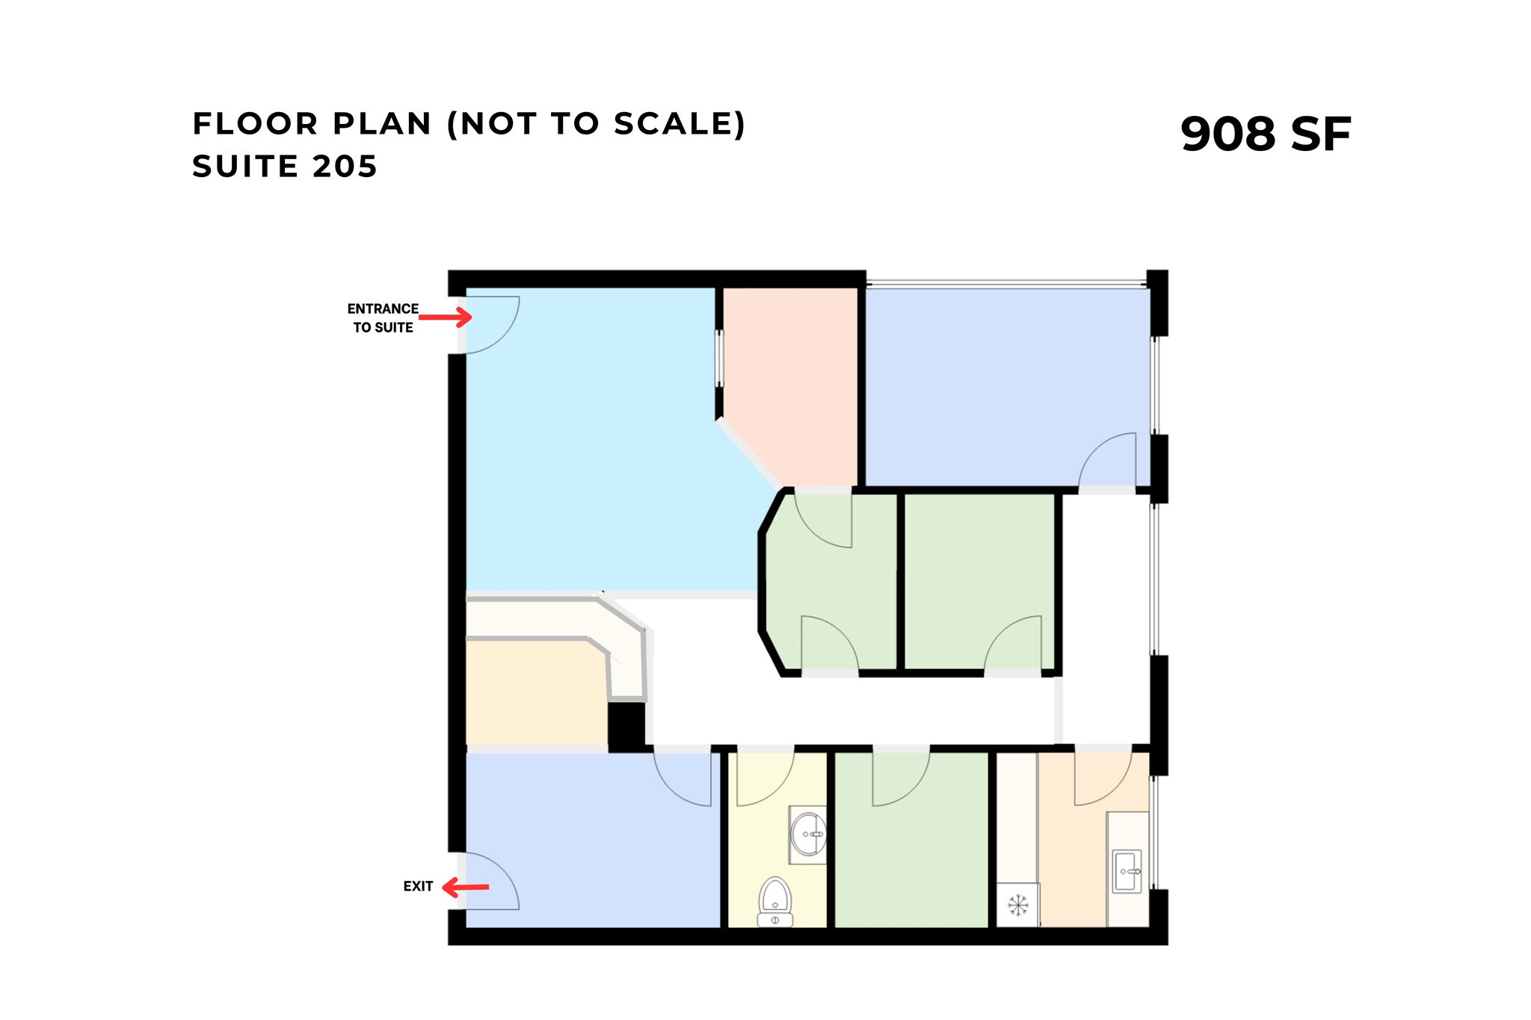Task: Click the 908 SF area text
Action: point(1265,135)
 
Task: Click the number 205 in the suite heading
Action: point(345,166)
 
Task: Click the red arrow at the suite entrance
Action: point(446,318)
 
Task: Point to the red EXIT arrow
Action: point(465,888)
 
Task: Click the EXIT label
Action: point(418,886)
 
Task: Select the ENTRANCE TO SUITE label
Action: point(383,318)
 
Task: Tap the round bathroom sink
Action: point(809,834)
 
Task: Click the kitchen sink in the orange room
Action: point(1127,871)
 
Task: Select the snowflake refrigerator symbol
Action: point(1017,906)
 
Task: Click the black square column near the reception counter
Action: point(626,726)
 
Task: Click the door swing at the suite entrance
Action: point(490,323)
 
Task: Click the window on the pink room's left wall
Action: point(719,359)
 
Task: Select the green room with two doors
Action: point(830,583)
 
